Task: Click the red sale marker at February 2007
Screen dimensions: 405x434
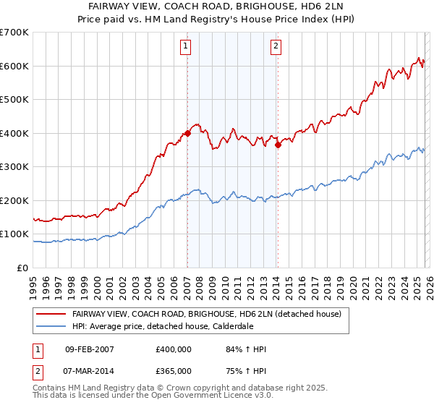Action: pos(187,133)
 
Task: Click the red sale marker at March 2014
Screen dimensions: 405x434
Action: pos(278,145)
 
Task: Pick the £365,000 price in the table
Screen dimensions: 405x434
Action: pos(173,370)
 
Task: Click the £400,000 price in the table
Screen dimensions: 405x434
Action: pos(173,349)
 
